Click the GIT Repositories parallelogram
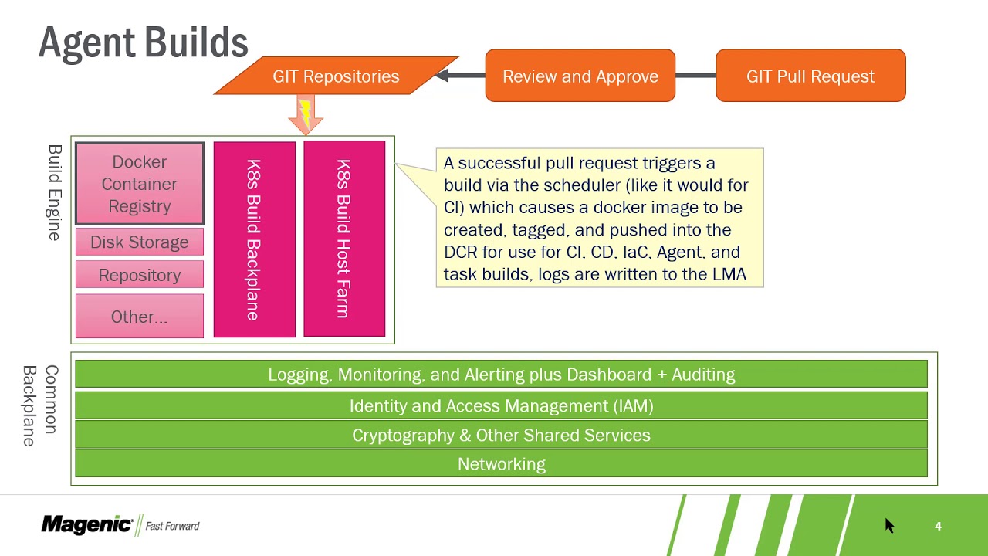click(336, 76)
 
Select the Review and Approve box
click(580, 76)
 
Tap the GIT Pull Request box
click(810, 76)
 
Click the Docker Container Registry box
click(140, 184)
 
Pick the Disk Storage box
click(140, 242)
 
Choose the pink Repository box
click(140, 274)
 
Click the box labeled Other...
click(140, 316)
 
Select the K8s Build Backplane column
click(255, 239)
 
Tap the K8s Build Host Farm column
click(344, 239)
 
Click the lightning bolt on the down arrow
click(305, 112)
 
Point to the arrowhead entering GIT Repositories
click(442, 76)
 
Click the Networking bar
click(502, 464)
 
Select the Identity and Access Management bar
click(502, 405)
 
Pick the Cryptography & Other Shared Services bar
click(502, 435)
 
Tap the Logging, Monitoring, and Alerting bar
click(502, 375)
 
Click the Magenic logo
click(87, 524)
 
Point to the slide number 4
click(938, 526)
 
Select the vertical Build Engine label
click(55, 193)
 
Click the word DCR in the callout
click(461, 252)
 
